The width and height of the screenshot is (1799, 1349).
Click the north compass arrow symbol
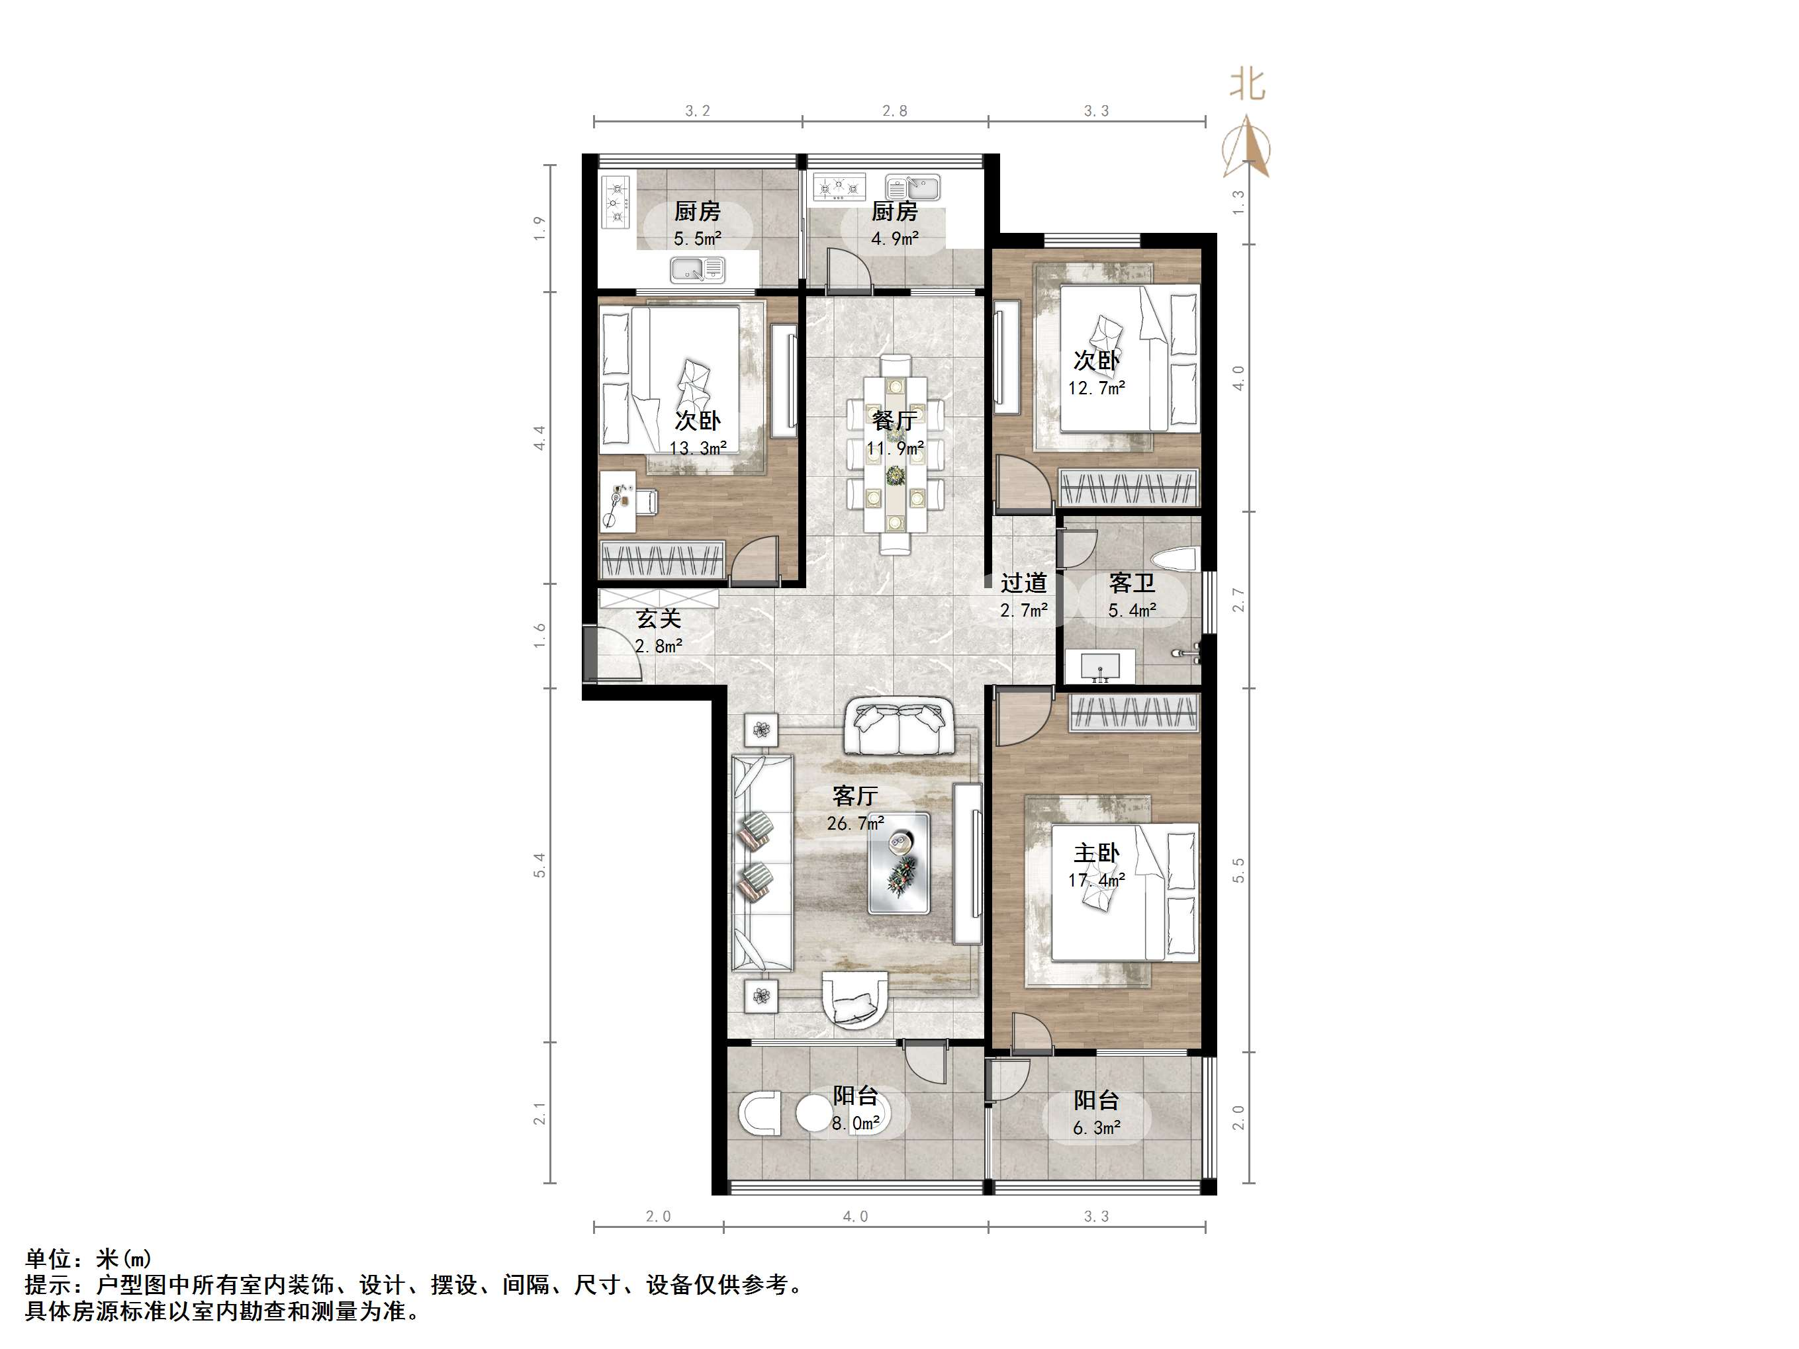tap(1248, 147)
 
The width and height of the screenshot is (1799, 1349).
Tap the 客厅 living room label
tap(854, 796)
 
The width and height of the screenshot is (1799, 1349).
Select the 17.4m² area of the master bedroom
tap(1096, 880)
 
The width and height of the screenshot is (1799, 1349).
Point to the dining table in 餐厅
tap(895, 455)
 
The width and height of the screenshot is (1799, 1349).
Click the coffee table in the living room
tap(898, 863)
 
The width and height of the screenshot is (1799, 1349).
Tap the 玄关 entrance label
tap(658, 619)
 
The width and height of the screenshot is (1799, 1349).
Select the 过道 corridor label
tap(1023, 583)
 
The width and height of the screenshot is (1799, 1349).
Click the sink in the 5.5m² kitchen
tap(697, 269)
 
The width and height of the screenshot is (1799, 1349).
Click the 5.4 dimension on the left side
tap(539, 865)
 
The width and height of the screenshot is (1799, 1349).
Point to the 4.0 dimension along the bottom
tap(854, 1217)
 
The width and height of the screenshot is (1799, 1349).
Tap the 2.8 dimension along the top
tap(895, 110)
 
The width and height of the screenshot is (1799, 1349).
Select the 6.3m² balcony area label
tap(1096, 1128)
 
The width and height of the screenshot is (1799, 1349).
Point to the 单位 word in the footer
tap(49, 1259)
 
